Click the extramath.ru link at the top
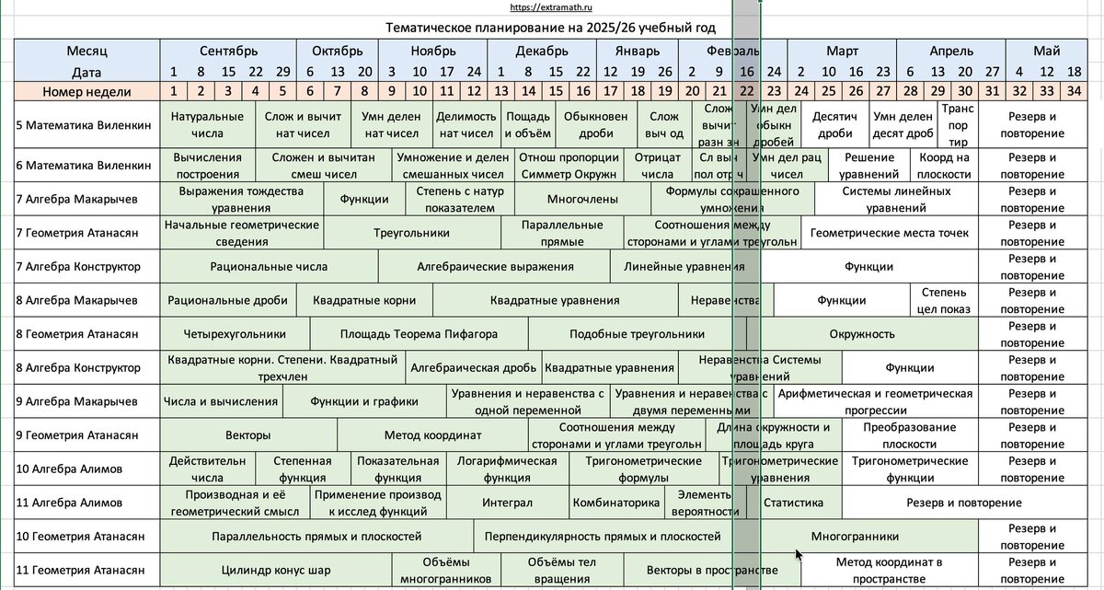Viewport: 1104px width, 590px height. point(552,8)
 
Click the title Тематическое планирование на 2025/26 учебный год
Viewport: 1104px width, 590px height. point(551,28)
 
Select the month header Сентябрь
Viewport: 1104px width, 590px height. point(228,51)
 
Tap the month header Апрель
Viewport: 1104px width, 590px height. point(950,51)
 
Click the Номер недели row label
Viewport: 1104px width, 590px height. point(87,91)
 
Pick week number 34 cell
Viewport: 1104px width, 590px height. point(1074,91)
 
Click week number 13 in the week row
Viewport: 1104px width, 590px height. point(501,91)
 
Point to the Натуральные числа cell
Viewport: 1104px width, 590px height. point(207,124)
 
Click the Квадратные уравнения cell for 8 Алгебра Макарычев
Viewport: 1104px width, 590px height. point(555,300)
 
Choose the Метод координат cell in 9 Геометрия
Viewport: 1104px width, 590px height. point(432,435)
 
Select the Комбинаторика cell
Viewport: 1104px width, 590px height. point(616,503)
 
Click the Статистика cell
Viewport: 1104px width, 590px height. point(793,503)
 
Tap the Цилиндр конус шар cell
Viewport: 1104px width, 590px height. point(276,570)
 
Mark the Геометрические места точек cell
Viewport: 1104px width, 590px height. point(889,233)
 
